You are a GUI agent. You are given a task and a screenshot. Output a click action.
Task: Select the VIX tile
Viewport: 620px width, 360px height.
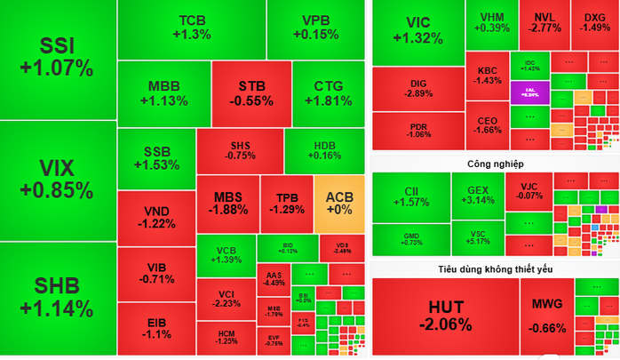(58, 179)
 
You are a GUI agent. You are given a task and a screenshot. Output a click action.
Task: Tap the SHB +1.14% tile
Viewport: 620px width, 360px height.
(58, 298)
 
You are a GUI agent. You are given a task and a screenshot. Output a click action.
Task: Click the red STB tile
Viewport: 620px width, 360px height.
(251, 93)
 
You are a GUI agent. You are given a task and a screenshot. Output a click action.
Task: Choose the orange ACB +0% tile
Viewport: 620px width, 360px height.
(338, 203)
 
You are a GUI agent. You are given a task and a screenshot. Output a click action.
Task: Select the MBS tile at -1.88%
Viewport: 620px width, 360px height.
(227, 203)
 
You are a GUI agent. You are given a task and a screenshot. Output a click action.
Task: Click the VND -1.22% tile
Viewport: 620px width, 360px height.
(156, 216)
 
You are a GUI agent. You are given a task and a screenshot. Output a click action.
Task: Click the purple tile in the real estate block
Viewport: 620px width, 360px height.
(529, 92)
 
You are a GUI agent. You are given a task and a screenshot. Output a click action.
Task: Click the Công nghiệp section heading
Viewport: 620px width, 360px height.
(495, 164)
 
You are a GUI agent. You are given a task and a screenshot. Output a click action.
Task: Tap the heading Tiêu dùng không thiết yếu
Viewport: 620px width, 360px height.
(495, 268)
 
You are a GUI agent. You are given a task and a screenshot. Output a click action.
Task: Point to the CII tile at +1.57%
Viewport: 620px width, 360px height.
(411, 196)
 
